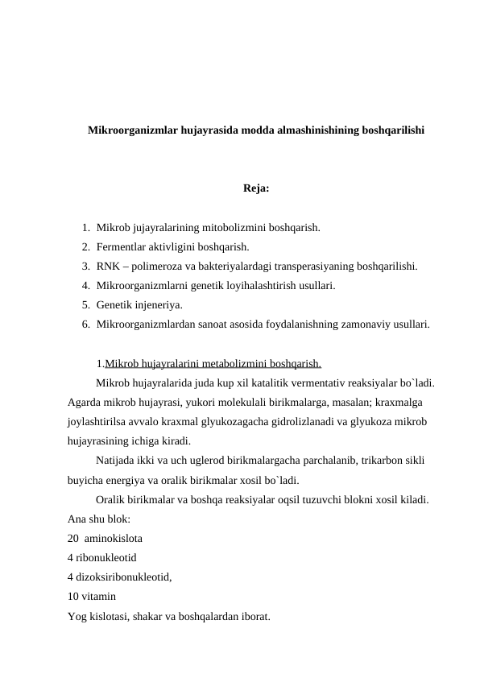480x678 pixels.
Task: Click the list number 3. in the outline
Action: pyautogui.click(x=85, y=266)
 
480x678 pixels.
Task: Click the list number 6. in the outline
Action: pyautogui.click(x=85, y=325)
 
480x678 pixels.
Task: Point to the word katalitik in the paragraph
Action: pyautogui.click(x=278, y=382)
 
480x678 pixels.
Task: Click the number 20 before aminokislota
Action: pyautogui.click(x=73, y=538)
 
